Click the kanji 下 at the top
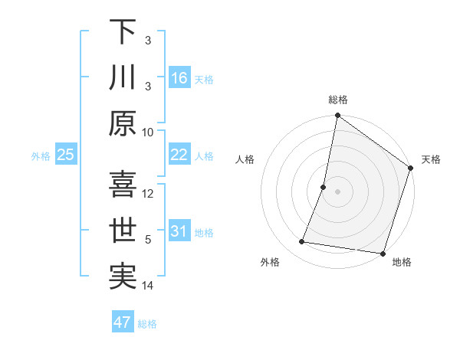click(123, 31)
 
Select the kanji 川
click(123, 77)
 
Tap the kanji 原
click(123, 123)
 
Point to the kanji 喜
click(123, 185)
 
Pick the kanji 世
click(123, 231)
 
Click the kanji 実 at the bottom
click(123, 277)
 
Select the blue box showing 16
click(179, 77)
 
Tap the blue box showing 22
click(179, 155)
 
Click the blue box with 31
click(179, 231)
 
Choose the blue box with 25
click(66, 155)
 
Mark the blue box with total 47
click(123, 322)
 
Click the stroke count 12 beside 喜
click(149, 193)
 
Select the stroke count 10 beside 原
click(149, 131)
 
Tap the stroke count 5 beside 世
click(149, 239)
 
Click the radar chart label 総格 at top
click(337, 100)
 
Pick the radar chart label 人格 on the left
click(245, 159)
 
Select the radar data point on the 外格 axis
click(302, 241)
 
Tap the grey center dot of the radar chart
click(337, 191)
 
